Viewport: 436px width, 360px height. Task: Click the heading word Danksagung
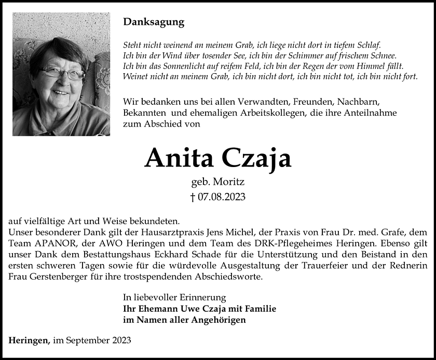154,22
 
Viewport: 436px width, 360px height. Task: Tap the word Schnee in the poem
383,56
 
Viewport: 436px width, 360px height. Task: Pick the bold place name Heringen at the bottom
29,340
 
